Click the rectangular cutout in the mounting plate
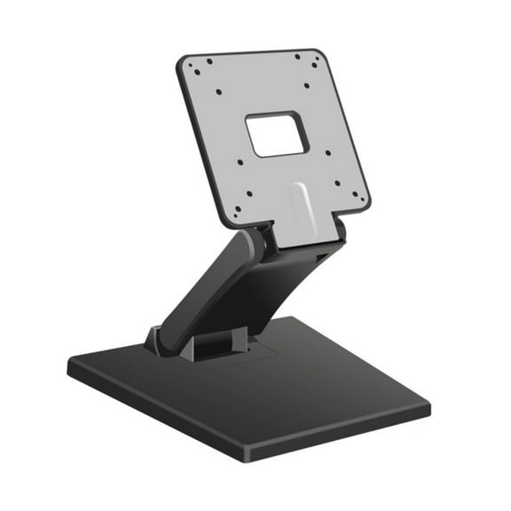pos(278,135)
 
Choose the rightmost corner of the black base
pos(428,409)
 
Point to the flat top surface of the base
pos(293,390)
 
